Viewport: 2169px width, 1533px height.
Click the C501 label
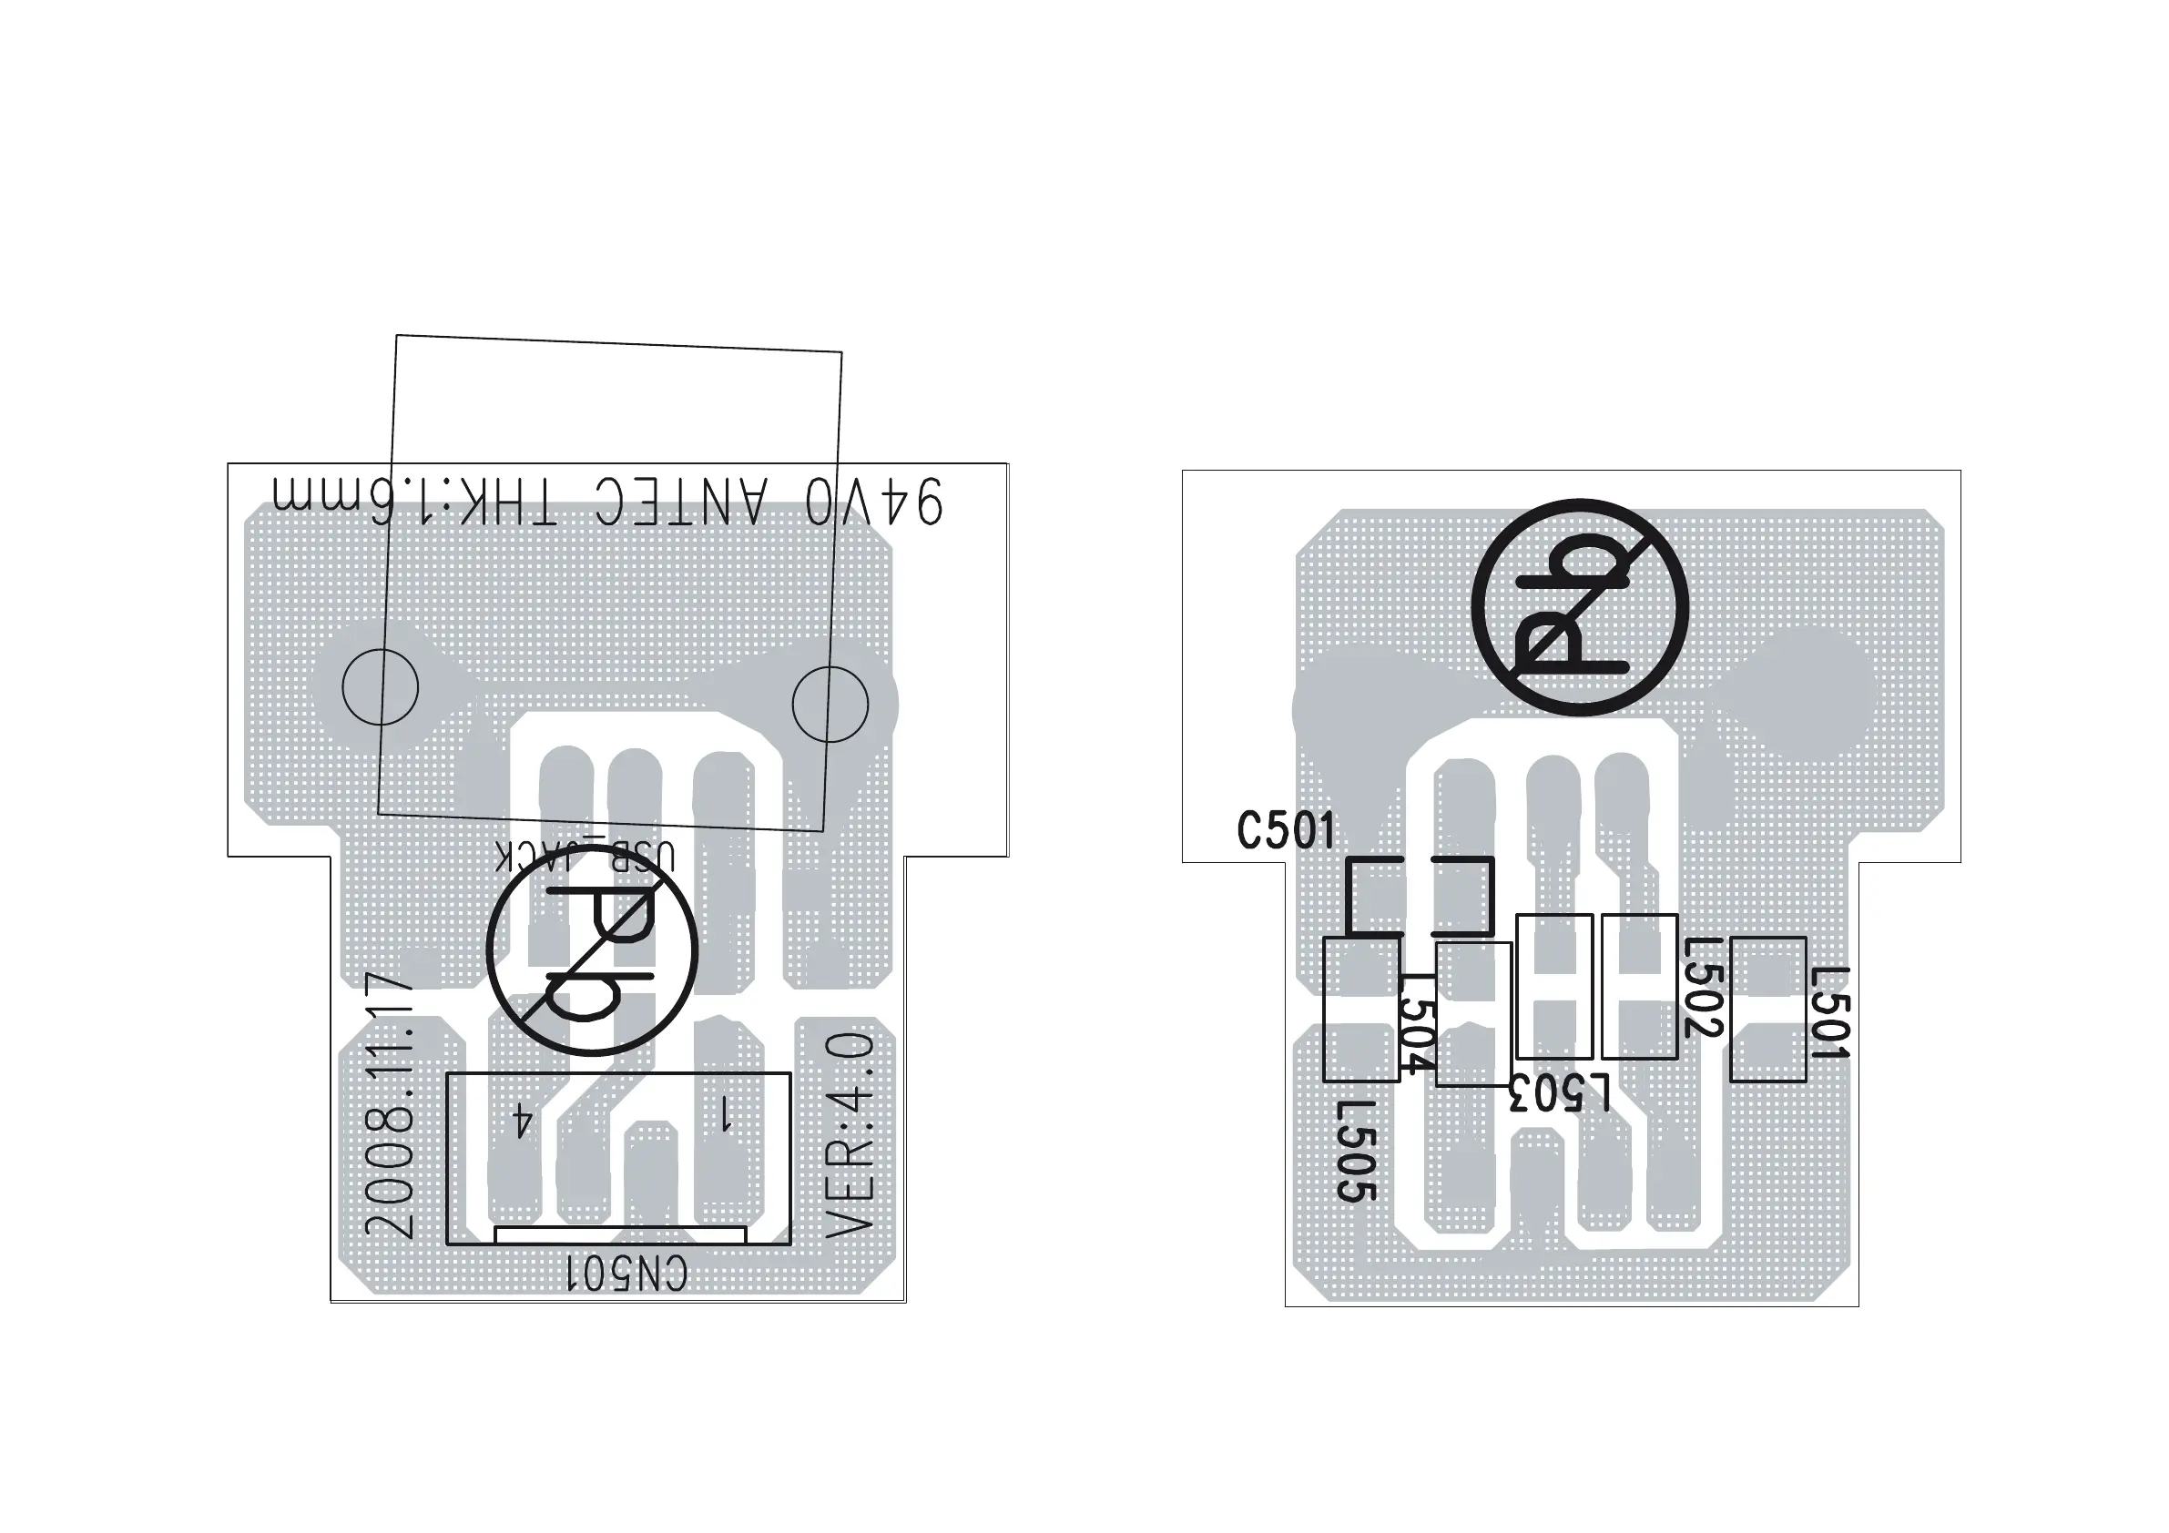pos(1286,831)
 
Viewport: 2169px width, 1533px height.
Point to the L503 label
pos(1560,1094)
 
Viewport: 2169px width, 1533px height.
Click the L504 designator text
pos(1417,1024)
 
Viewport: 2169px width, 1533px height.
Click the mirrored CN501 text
pos(627,1274)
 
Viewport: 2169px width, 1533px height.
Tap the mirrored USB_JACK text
pos(586,857)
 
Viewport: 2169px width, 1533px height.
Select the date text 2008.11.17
pos(390,1105)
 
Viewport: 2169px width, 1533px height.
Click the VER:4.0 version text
pos(850,1133)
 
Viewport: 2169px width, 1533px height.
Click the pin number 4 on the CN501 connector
pos(523,1122)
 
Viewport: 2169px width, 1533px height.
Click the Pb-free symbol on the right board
pos(1579,606)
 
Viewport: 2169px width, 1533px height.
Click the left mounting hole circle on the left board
pos(380,686)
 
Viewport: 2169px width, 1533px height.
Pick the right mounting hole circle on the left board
pos(830,704)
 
